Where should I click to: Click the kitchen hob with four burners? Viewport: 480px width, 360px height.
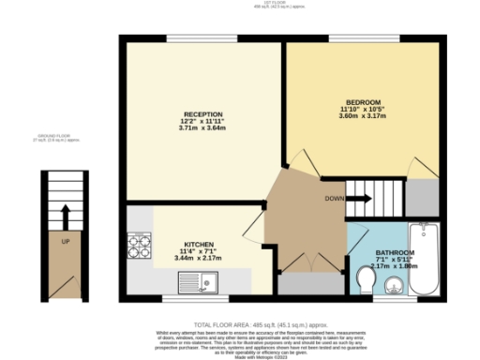140,247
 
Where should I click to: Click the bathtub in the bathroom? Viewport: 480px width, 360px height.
426,258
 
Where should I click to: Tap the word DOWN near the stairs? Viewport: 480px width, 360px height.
333,199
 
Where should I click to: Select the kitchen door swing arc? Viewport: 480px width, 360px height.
251,225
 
